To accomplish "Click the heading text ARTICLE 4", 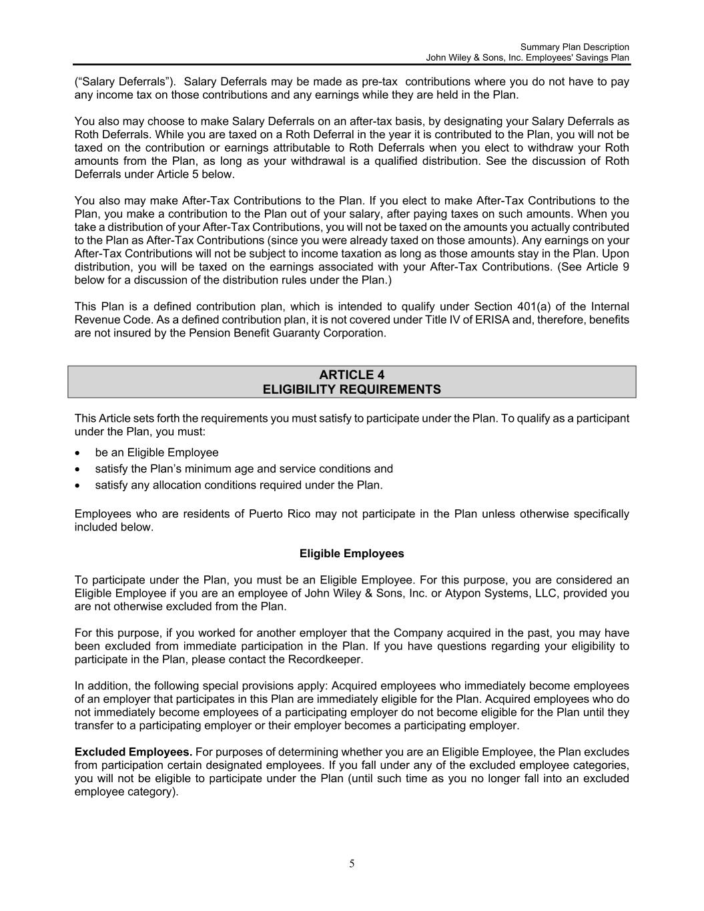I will (352, 374).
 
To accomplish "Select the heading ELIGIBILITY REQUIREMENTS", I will (352, 389).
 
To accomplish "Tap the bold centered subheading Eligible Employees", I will (352, 553).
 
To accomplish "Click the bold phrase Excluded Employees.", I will (133, 752).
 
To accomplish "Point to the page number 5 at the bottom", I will (352, 864).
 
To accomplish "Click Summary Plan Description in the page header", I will (574, 47).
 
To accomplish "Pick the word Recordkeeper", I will (325, 659).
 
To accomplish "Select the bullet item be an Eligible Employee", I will (157, 452).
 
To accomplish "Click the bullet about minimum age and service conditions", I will (244, 469).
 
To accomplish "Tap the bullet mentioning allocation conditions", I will (239, 485).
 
